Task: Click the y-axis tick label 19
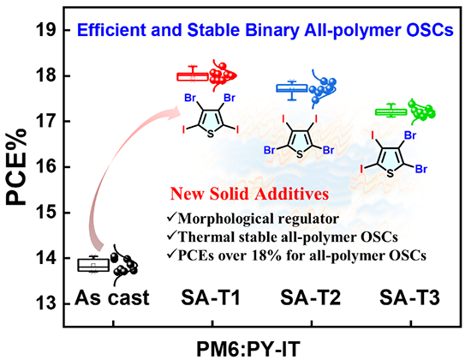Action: [46, 30]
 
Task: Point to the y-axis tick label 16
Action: [46, 167]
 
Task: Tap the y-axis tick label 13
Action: [46, 303]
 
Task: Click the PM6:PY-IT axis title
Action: [248, 349]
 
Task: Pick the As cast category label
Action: [112, 297]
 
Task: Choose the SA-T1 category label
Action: [211, 297]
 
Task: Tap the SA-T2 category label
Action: [310, 297]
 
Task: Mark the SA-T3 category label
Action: [409, 297]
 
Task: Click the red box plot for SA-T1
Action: [192, 76]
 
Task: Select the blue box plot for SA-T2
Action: [291, 88]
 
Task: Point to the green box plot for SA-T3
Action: [391, 112]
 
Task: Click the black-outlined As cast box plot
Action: [93, 265]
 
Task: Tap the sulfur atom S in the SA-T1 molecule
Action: [211, 134]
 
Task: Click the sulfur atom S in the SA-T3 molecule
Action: [390, 173]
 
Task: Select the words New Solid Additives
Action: [249, 194]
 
